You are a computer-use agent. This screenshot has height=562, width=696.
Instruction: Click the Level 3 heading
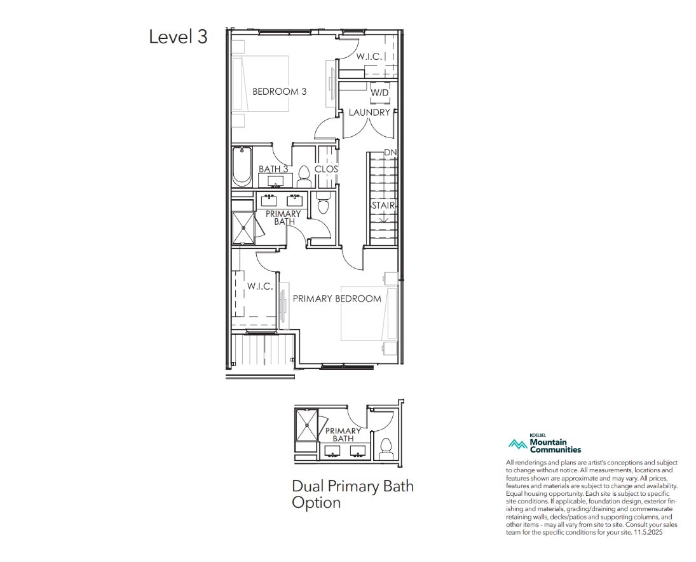point(178,36)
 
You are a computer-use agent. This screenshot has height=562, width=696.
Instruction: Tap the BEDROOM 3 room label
point(279,92)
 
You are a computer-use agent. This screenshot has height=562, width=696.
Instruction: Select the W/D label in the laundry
point(379,92)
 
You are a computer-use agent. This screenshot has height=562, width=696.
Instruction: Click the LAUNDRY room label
point(369,112)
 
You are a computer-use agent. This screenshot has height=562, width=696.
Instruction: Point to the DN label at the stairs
point(390,153)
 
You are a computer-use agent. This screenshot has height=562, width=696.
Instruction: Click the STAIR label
point(383,206)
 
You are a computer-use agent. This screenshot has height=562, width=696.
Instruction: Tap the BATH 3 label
point(273,169)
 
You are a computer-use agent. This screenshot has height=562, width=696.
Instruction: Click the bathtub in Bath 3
point(242,166)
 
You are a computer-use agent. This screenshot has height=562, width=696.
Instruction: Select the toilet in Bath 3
point(304,177)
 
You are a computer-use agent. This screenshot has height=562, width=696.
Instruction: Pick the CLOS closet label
point(326,169)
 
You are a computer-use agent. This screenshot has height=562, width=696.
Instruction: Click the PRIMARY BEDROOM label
point(337,299)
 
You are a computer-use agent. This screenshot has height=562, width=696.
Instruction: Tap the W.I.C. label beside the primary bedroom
point(260,286)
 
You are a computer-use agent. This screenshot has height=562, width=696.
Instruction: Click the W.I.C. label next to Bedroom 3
point(369,57)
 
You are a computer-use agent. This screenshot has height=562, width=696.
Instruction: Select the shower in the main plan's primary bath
point(243,228)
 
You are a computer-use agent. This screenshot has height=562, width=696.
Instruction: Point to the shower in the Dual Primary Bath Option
point(308,425)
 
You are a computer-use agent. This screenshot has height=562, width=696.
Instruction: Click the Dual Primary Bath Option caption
point(352,495)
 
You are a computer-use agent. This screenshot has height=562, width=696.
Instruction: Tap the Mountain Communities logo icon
point(517,443)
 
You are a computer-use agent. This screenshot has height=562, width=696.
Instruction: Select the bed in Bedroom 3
point(261,83)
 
